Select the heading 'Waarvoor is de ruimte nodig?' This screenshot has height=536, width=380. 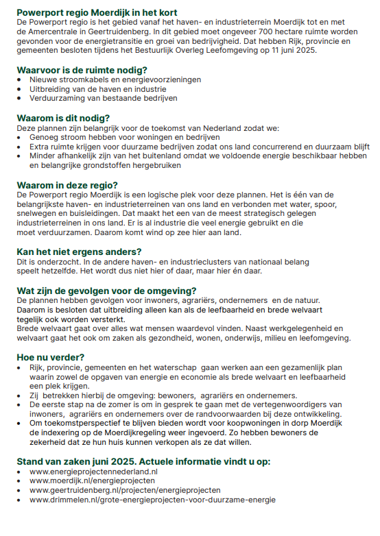coord(82,70)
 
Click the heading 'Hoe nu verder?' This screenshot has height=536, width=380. coord(51,356)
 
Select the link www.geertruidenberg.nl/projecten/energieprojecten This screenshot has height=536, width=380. coord(125,490)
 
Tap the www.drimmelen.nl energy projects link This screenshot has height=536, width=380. coord(152,500)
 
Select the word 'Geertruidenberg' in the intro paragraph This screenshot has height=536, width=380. coord(135,32)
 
